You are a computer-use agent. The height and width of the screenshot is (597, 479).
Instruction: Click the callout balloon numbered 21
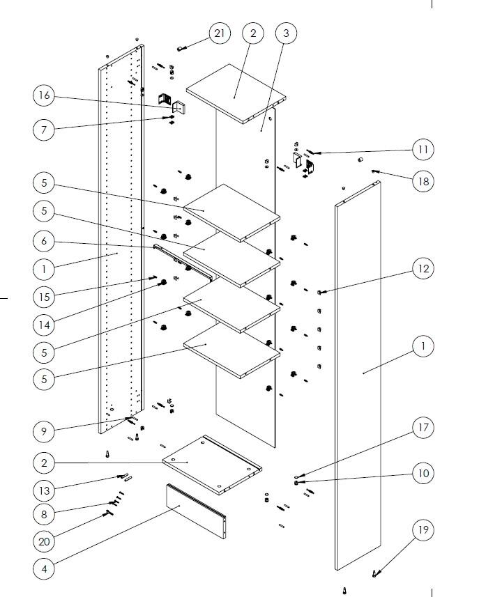[220, 33]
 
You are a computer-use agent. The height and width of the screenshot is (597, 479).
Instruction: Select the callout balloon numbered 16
[44, 95]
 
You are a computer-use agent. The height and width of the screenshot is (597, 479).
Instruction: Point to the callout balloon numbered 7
[44, 130]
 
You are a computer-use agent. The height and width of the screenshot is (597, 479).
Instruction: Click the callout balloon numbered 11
[423, 150]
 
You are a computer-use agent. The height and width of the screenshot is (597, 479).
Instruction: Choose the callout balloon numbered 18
[423, 182]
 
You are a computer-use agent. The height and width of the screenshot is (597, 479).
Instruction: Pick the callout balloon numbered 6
[44, 241]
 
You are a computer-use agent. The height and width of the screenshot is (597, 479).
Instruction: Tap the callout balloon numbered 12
[423, 269]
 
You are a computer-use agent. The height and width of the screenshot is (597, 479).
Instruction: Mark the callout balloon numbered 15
[44, 297]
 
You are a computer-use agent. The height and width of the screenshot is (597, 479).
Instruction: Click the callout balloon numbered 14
[44, 325]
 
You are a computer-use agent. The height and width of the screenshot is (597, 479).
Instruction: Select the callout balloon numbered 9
[44, 431]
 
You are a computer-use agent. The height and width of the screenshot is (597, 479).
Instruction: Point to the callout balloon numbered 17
[423, 428]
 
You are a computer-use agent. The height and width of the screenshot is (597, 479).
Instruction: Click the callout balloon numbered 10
[423, 473]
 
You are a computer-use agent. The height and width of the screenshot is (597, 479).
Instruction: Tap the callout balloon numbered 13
[44, 490]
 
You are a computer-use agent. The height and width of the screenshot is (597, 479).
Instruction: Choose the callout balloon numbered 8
[44, 514]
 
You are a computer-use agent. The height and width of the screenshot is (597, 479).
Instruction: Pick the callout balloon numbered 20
[44, 541]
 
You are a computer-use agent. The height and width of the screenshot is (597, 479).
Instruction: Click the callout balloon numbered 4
[44, 569]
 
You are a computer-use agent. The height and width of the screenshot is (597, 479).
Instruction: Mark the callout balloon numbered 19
[423, 529]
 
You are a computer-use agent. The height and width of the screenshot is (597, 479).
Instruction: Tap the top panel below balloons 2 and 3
[236, 93]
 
